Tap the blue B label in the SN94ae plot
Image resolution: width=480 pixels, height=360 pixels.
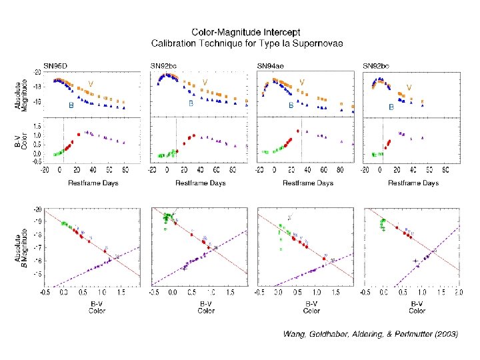click(x=291, y=105)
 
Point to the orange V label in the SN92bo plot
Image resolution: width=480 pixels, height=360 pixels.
click(x=409, y=87)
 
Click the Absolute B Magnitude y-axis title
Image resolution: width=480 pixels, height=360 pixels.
click(x=23, y=247)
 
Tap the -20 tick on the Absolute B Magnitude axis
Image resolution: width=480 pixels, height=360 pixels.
click(x=37, y=209)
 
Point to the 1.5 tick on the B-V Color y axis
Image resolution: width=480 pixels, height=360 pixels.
click(x=37, y=125)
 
